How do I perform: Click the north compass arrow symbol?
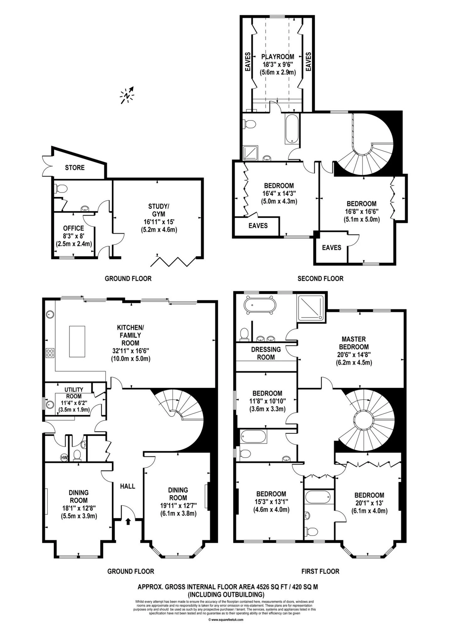click(x=127, y=95)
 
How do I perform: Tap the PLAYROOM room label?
click(x=278, y=57)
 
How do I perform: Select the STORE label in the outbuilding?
click(x=75, y=167)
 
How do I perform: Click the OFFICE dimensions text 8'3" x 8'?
click(x=74, y=236)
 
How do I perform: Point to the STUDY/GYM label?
click(x=159, y=210)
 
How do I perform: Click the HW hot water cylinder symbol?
click(x=64, y=458)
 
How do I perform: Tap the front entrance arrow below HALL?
click(x=128, y=521)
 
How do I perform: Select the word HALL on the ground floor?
click(x=128, y=486)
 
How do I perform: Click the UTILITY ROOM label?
click(x=74, y=393)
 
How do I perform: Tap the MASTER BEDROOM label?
click(x=354, y=343)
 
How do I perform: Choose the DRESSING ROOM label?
click(x=266, y=353)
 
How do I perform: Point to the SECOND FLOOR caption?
click(x=320, y=278)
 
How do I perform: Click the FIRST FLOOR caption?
click(x=320, y=571)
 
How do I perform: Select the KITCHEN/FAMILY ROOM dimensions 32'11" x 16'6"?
click(x=131, y=351)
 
